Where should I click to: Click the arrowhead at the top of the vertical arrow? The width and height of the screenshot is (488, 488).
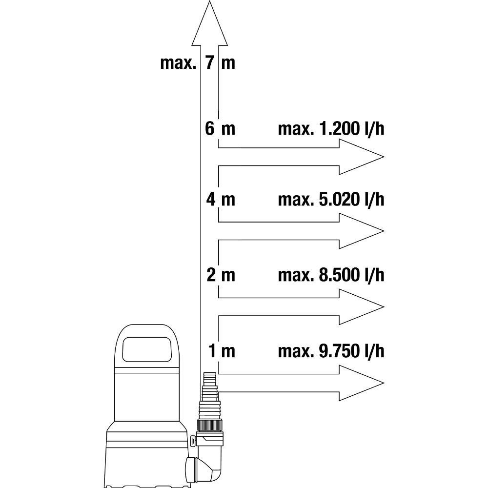(x=209, y=23)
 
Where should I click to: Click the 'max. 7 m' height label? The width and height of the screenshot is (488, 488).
(x=198, y=63)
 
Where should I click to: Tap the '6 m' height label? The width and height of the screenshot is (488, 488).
(x=220, y=128)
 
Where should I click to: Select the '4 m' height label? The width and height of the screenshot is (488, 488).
(x=221, y=199)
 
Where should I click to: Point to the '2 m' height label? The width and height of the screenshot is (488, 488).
(x=221, y=275)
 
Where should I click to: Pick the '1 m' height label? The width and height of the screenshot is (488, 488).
(x=222, y=351)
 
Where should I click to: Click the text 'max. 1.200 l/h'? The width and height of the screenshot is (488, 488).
(x=331, y=129)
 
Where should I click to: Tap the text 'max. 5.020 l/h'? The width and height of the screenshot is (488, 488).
(x=331, y=200)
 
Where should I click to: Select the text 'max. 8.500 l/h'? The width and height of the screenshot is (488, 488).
(x=331, y=275)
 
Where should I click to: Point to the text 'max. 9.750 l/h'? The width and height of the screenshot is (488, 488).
(x=331, y=351)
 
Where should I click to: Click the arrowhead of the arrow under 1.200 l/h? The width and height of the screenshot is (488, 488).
(x=361, y=157)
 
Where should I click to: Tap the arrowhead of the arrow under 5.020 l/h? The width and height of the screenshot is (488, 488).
(x=361, y=231)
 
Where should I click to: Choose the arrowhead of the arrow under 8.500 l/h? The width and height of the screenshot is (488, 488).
(x=361, y=307)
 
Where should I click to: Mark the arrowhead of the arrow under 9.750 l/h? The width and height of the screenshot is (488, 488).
(x=361, y=383)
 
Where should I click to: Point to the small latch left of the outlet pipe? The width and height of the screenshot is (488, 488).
(x=193, y=440)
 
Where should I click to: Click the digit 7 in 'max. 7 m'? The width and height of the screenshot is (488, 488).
(x=210, y=63)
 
